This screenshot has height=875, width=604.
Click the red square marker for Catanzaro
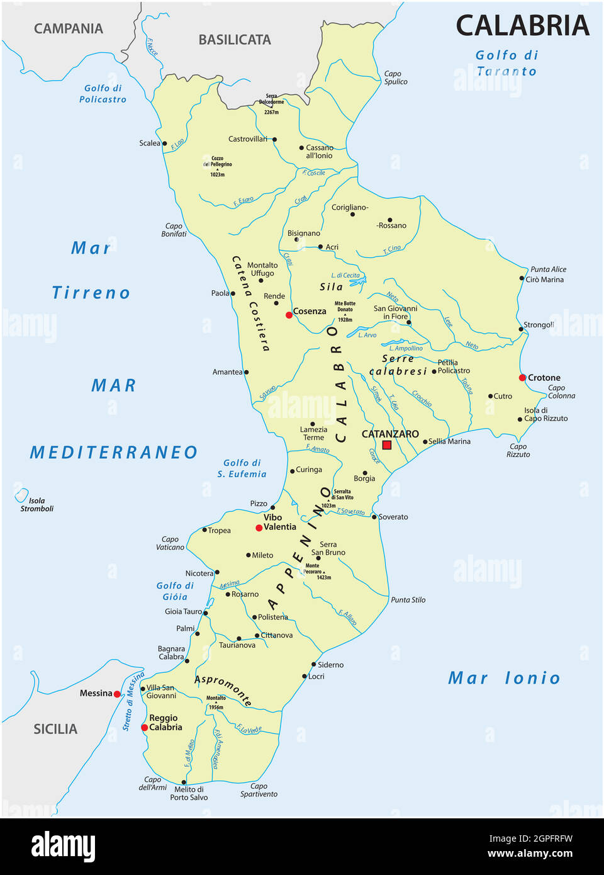387,445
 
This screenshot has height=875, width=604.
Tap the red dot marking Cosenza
289,315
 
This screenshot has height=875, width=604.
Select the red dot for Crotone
522,378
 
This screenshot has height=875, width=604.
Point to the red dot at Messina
117,694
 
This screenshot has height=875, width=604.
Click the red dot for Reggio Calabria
145,727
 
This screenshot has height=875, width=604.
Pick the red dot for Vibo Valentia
259,528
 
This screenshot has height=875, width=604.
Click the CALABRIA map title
522,26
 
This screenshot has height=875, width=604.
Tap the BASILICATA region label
235,40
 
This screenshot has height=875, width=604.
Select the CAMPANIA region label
68,28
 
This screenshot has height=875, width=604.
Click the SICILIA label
55,729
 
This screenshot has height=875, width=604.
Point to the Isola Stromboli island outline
21,495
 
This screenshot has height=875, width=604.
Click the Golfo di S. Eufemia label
242,468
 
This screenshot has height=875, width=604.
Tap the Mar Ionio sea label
503,678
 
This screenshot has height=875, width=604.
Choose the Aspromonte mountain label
223,689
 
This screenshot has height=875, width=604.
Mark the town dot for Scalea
165,144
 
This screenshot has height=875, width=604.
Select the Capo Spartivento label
259,790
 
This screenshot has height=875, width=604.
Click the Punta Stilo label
408,600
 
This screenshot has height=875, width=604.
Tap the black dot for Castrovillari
274,139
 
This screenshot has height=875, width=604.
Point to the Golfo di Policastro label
103,94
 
